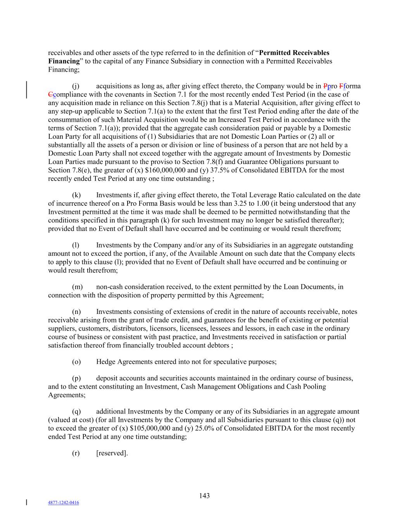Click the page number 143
(x=205, y=496)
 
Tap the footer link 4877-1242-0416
(x=64, y=503)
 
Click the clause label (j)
(x=76, y=86)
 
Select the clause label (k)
(x=76, y=195)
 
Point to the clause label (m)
(x=77, y=287)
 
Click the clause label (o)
(x=76, y=362)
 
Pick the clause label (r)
(x=76, y=453)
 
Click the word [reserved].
(x=112, y=453)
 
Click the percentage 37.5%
(x=218, y=170)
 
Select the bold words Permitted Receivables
(x=294, y=53)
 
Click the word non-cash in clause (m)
(x=109, y=287)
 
